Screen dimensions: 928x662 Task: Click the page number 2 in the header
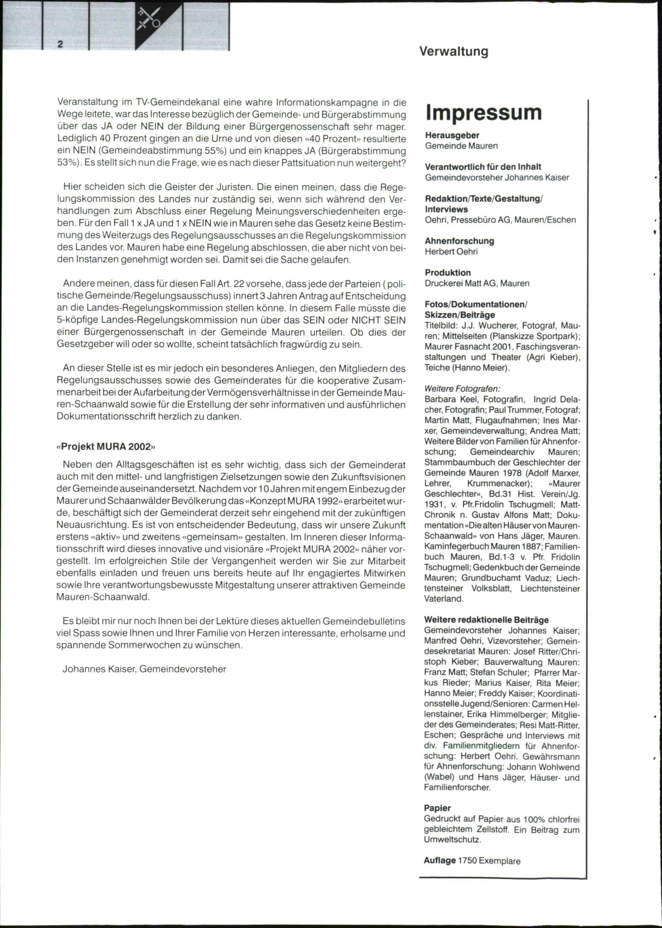(60, 44)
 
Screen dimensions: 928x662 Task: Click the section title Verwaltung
(453, 52)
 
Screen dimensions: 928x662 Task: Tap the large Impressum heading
(483, 112)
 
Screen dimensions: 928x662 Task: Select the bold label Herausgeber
(452, 135)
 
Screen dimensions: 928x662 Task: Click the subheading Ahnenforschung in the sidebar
(459, 241)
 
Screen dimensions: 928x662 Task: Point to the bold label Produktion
(447, 272)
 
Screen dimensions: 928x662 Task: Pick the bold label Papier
(437, 808)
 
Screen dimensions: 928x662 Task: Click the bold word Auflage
(440, 860)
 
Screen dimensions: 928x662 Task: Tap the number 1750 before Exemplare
(468, 861)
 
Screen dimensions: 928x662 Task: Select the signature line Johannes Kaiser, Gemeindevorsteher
(144, 669)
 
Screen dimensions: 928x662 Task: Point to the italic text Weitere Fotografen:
(462, 389)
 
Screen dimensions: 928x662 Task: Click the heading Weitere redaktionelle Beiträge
(486, 620)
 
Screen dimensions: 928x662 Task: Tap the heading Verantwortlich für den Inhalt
(483, 166)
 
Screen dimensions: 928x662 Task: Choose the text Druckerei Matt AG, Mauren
(477, 283)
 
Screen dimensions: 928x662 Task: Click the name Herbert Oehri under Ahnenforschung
(451, 251)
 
